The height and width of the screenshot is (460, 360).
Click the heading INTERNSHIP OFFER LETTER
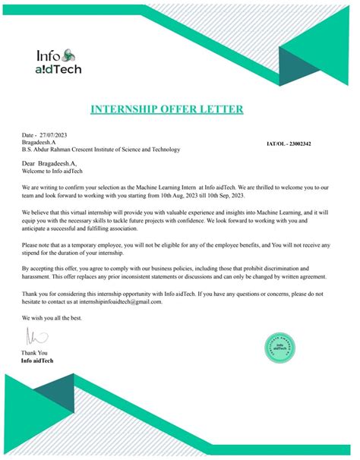[x=167, y=109]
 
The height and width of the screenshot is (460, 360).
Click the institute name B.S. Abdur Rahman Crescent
[x=101, y=149]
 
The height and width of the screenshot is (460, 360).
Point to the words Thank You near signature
[x=35, y=353]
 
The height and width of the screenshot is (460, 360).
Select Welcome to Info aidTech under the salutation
[x=53, y=170]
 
